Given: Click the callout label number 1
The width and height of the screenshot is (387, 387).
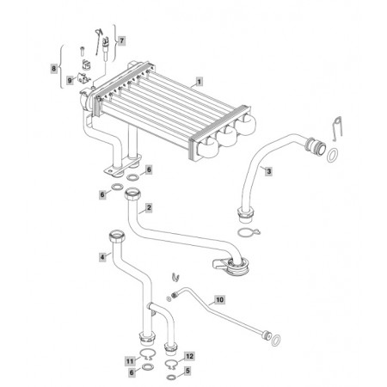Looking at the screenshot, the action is point(200,82).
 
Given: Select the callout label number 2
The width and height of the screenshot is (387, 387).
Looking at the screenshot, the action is point(149,207).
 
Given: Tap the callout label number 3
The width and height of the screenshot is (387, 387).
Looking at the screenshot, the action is point(268,171).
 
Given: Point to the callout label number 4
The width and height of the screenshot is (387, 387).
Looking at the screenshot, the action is point(102,257).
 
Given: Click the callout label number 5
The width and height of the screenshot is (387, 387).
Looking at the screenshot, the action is point(187,371).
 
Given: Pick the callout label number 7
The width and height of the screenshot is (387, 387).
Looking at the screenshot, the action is point(121,40).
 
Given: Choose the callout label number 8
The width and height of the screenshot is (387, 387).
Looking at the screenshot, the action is point(54,69).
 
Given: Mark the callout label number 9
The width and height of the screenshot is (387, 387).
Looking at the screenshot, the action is point(70,81).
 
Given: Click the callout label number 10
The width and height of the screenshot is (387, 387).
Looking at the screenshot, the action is point(219,300).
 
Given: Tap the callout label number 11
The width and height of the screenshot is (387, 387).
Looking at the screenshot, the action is point(130,361).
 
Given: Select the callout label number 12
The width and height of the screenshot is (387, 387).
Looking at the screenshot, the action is point(189,356).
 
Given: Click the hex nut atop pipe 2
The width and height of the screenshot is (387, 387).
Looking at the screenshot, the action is point(132,193).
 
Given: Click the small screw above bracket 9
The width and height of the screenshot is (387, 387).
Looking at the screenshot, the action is point(82,52).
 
